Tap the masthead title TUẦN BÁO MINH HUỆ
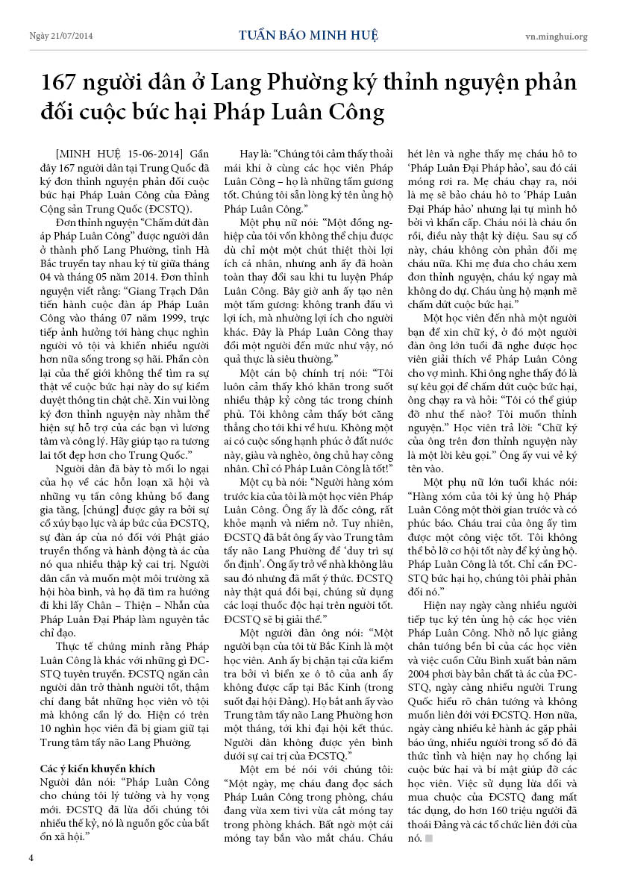[309, 35]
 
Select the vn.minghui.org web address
[556, 36]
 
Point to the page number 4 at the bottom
[31, 857]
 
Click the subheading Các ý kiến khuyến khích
[97, 768]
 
